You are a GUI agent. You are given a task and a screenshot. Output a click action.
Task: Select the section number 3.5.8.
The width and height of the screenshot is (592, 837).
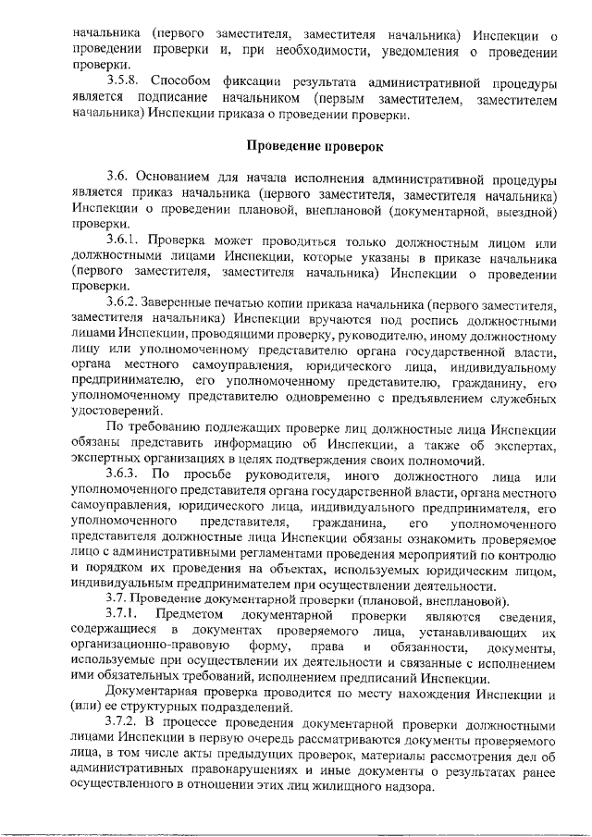click(126, 82)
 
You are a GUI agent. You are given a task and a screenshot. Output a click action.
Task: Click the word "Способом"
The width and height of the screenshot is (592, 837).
click(179, 82)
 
